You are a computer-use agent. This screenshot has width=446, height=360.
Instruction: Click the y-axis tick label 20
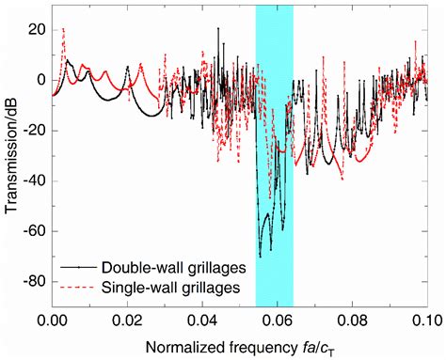tap(35, 30)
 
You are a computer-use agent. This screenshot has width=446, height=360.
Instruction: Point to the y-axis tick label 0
tap(40, 80)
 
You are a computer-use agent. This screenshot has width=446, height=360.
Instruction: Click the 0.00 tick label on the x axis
tap(52, 321)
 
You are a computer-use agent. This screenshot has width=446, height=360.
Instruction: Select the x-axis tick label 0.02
tap(126, 321)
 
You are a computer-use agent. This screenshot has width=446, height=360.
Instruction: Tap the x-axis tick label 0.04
tap(200, 321)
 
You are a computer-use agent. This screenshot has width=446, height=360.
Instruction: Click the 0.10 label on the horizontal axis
tap(423, 321)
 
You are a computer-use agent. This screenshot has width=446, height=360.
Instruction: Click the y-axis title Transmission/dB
tap(12, 155)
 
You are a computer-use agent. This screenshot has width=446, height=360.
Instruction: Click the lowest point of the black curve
tap(260, 255)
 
